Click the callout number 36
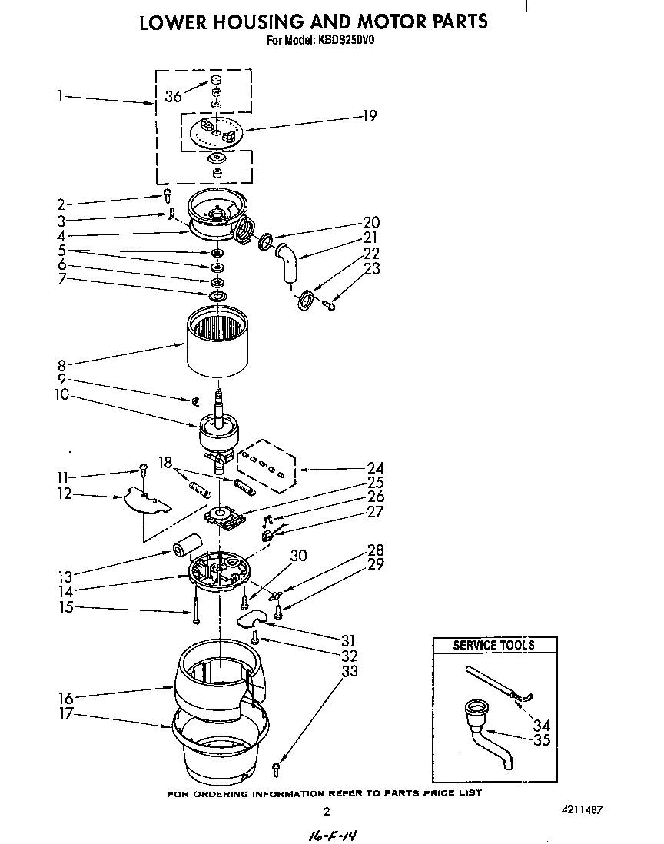tap(173, 96)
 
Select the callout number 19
tap(370, 116)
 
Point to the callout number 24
tap(375, 468)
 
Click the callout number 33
tap(350, 671)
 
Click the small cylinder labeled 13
tap(184, 549)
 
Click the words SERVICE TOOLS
tap(493, 645)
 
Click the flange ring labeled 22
tap(304, 298)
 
